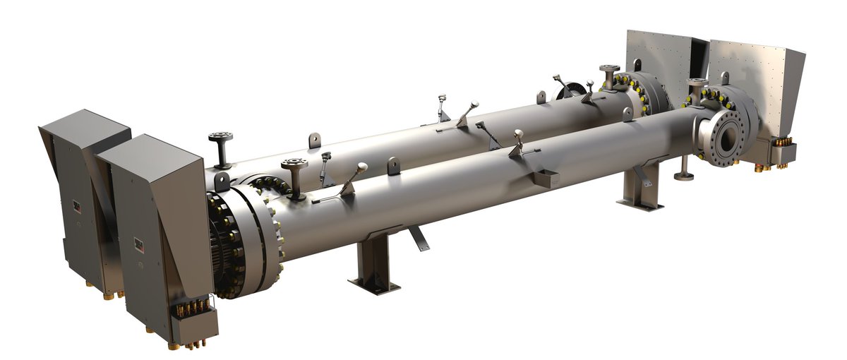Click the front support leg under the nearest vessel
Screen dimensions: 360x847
[x=374, y=261]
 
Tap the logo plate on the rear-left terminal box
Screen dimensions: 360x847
[x=76, y=205]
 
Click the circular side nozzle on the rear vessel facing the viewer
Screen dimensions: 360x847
[x=571, y=90]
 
